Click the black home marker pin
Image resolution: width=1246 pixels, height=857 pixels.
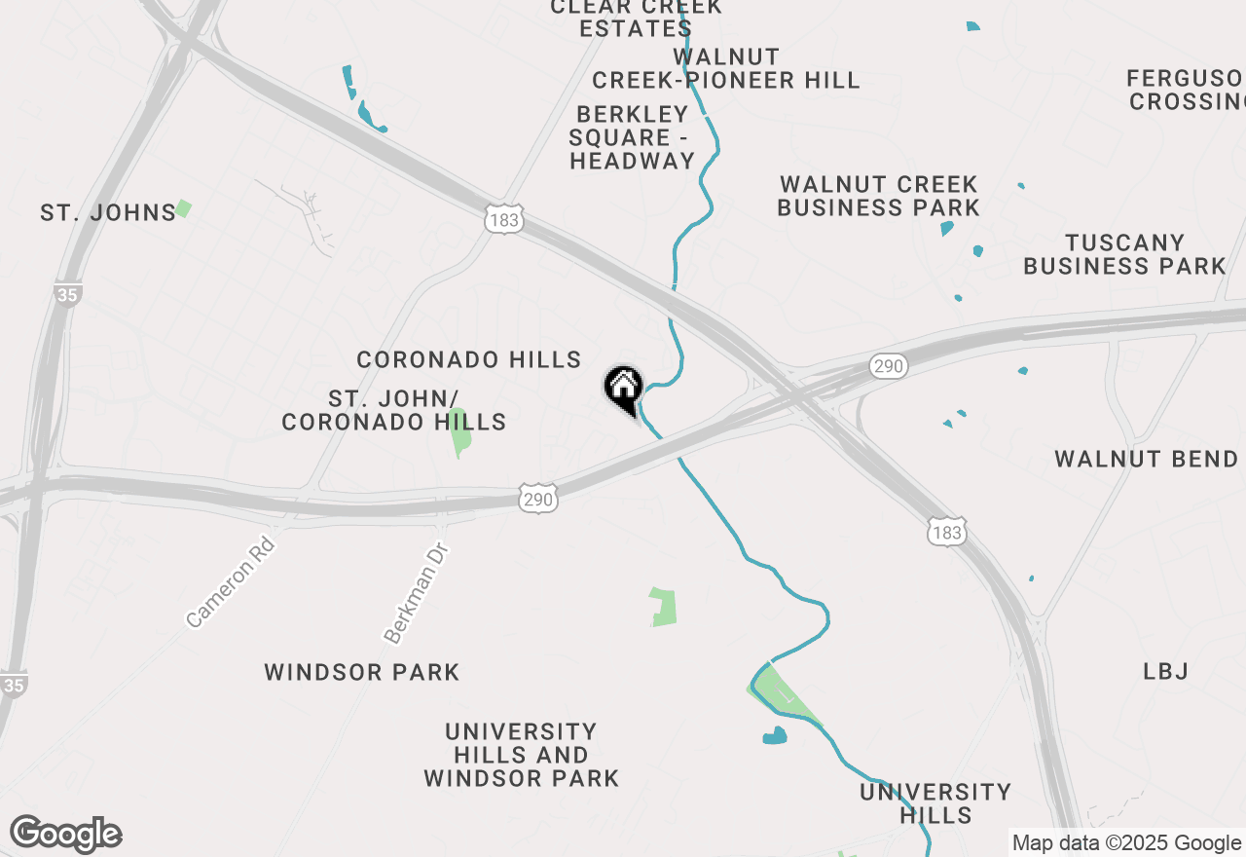(623, 388)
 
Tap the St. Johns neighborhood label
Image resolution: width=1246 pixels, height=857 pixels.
(108, 212)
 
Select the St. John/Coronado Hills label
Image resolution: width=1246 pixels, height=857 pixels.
(393, 410)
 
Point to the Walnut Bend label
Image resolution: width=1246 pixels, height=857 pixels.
(1146, 459)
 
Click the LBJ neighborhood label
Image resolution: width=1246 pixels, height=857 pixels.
(1166, 671)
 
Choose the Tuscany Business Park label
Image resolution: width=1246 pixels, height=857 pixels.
(1124, 254)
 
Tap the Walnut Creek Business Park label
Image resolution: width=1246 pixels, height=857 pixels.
(878, 196)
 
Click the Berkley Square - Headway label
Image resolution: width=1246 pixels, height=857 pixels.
(632, 137)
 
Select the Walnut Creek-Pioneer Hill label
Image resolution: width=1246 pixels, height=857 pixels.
(726, 68)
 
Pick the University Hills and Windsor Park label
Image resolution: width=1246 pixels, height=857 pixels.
(522, 755)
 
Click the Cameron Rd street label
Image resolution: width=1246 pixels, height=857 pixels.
(231, 581)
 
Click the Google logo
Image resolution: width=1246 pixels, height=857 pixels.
(66, 835)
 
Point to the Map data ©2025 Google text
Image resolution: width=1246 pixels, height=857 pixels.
(1126, 843)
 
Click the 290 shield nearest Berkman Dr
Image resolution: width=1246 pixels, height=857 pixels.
(537, 500)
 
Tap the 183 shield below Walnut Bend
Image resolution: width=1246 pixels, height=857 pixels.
(945, 533)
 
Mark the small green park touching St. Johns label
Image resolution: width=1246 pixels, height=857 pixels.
(183, 208)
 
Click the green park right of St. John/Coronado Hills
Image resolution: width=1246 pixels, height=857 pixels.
(460, 433)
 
